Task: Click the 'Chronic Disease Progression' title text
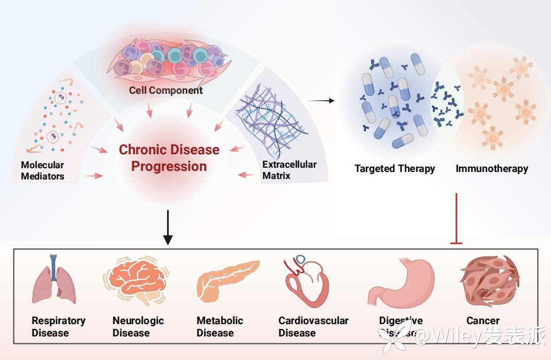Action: (169, 158)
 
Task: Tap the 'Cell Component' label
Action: (166, 91)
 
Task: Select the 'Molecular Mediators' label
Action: (43, 170)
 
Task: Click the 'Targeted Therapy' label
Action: (395, 169)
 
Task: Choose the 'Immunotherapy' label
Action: (492, 169)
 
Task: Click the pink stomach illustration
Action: (402, 281)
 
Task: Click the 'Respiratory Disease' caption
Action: (58, 327)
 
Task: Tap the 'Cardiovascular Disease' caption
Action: (313, 327)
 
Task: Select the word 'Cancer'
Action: (483, 321)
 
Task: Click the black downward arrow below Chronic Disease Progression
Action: (168, 227)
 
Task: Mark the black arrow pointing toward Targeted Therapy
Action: (322, 100)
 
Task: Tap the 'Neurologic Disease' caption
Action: (138, 327)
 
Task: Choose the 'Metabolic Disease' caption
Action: (220, 327)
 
